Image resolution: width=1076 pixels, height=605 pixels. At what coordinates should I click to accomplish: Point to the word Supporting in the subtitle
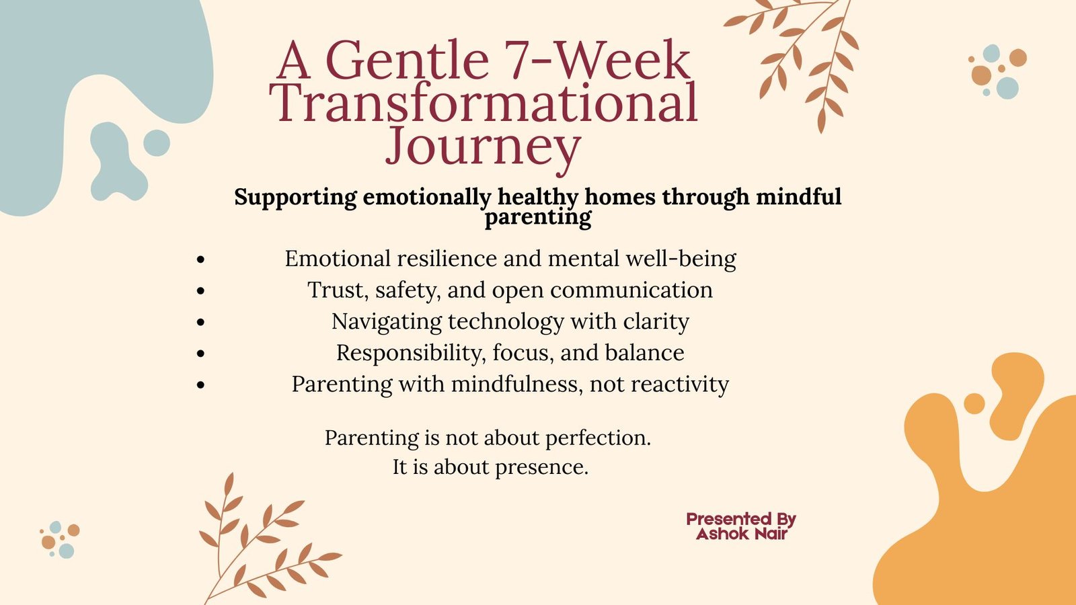tap(295, 198)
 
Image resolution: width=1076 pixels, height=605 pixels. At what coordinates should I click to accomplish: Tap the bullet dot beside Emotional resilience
tap(201, 259)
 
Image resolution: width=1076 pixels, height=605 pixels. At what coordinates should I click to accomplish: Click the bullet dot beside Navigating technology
tap(201, 322)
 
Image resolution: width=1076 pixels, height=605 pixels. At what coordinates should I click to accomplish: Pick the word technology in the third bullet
tap(505, 322)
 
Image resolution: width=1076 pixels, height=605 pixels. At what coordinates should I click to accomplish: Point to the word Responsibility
tap(408, 353)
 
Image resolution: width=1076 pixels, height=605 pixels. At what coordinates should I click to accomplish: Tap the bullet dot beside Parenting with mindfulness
tap(201, 385)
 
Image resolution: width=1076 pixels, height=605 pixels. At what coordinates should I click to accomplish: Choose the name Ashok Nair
tap(742, 534)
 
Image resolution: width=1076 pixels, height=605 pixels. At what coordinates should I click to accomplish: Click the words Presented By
tap(741, 519)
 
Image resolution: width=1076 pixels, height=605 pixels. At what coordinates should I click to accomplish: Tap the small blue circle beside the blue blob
tap(157, 143)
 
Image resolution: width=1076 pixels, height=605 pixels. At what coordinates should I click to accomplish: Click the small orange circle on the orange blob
tap(974, 403)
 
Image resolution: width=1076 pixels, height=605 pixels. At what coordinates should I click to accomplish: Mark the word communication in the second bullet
tap(631, 290)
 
